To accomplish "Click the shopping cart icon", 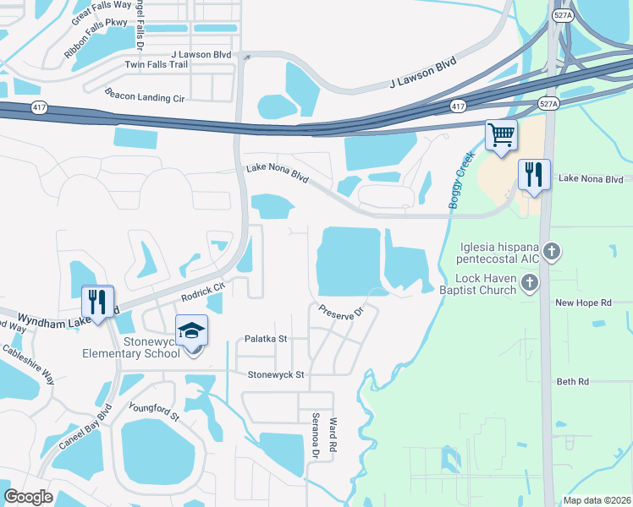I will tap(501, 134).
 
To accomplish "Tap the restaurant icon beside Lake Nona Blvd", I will tap(533, 175).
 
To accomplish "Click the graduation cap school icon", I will tap(192, 330).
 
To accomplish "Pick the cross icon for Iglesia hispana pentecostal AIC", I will tap(552, 251).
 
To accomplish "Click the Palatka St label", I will tap(266, 339).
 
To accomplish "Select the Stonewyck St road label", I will tap(275, 373).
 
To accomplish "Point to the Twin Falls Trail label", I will tap(156, 64).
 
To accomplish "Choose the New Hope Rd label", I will tap(583, 303).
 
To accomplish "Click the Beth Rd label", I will tap(572, 382).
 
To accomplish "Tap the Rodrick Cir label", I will tap(202, 292).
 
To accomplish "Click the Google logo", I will tap(28, 497).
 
